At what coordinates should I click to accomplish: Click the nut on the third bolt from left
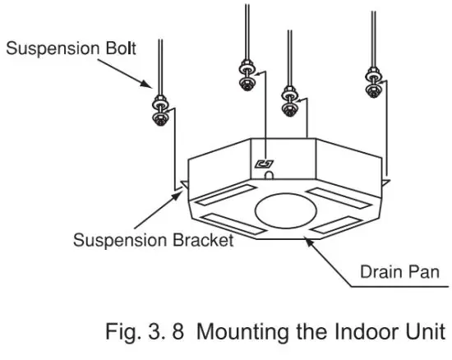288,99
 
